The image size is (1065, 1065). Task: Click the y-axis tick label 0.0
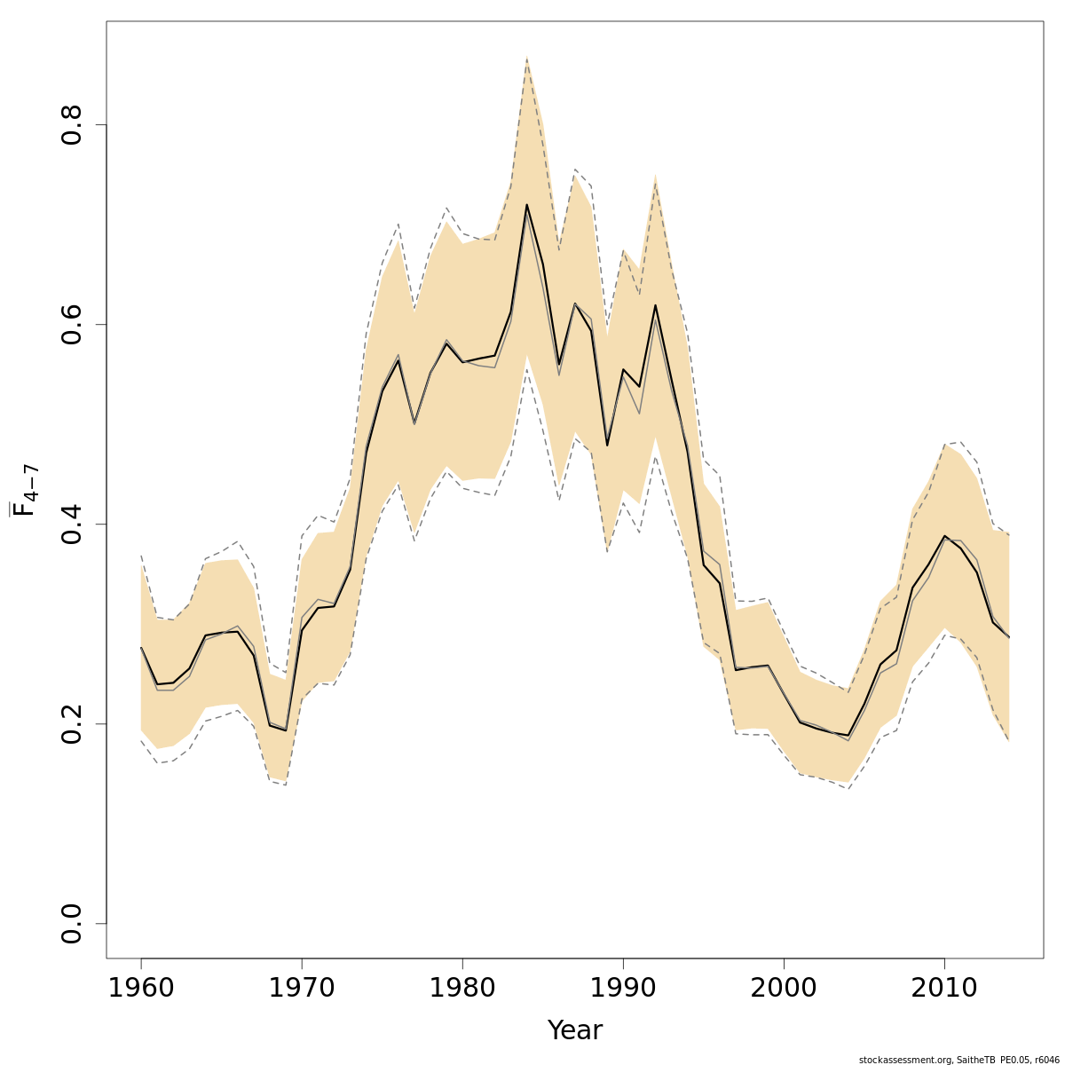coord(72,923)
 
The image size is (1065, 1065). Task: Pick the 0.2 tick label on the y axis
coord(72,723)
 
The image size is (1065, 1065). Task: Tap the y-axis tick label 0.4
coord(72,524)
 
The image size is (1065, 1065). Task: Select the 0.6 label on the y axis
coord(72,324)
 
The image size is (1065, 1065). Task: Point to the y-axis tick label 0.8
coord(72,124)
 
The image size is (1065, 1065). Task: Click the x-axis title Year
coord(574,1030)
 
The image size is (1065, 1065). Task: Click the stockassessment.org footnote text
coord(958,1060)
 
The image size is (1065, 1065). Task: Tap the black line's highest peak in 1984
coord(526,205)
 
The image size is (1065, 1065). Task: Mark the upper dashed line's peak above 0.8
coord(526,58)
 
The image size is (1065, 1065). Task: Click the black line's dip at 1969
coord(286,730)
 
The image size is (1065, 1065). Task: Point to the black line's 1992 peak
coord(655,305)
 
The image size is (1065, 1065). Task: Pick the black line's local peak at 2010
coord(944,536)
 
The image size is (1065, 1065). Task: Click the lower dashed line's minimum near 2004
coord(848,788)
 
